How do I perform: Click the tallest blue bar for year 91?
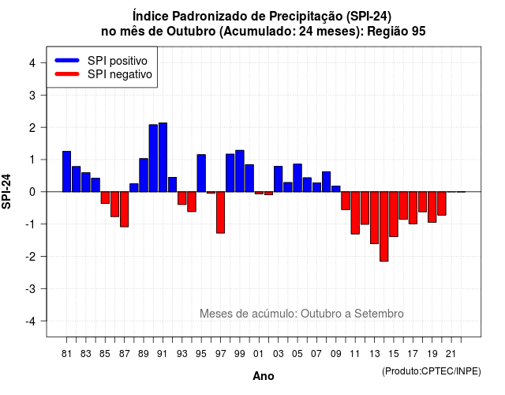point(163,157)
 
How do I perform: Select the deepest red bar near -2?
point(384,227)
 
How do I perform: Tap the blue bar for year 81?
point(66,171)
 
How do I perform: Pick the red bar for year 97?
point(220,213)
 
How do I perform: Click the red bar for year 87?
point(125,209)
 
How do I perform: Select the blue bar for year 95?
point(201,173)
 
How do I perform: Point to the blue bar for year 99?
point(240,171)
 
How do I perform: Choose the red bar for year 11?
point(355,213)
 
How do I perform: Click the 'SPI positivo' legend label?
point(118,61)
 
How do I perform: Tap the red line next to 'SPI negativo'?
point(67,74)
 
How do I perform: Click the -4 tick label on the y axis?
point(31,322)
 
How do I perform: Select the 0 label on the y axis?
point(32,192)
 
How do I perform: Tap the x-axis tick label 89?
point(144,354)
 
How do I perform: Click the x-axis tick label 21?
point(451,354)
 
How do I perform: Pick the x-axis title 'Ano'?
point(264,376)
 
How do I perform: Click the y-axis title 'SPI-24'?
point(6,191)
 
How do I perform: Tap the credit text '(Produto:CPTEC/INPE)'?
point(432,371)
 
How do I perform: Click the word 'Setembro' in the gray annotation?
point(379,314)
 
